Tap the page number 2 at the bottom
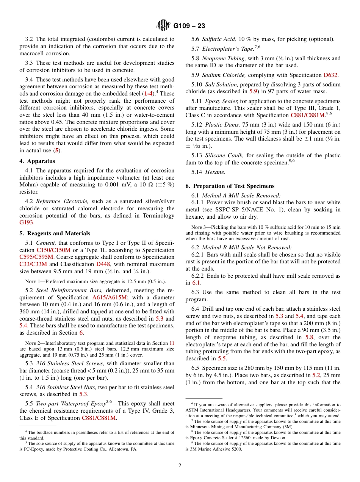point(180,466)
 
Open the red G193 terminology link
point(26,223)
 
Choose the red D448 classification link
point(103,264)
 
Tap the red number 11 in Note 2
point(172,343)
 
